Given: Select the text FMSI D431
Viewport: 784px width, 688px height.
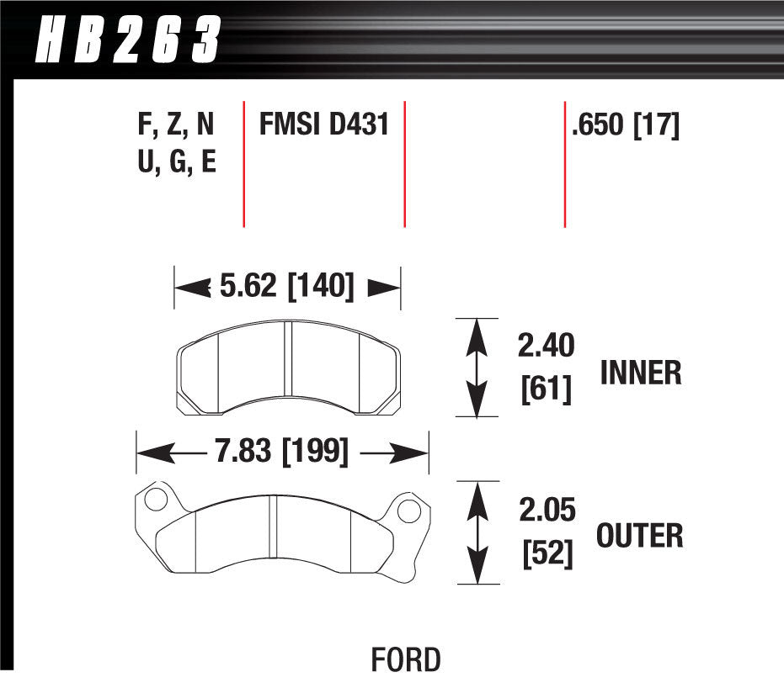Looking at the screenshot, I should click(323, 125).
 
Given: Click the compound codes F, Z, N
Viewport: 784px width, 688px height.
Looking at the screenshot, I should click(175, 125).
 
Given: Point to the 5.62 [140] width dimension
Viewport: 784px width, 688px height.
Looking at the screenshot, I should click(286, 287).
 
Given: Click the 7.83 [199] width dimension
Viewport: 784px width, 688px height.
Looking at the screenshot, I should click(281, 453).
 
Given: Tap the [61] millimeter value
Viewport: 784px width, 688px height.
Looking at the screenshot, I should click(546, 389).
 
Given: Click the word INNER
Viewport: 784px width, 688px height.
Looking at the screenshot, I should click(640, 373).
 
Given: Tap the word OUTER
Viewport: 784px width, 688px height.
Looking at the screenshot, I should click(639, 535).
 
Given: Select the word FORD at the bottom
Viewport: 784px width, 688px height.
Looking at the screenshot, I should click(405, 660).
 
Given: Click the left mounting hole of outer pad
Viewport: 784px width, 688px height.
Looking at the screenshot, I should click(154, 500).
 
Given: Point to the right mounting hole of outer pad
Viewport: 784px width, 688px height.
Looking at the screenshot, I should click(408, 511).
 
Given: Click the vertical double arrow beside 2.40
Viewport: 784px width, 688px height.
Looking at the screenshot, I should click(477, 367).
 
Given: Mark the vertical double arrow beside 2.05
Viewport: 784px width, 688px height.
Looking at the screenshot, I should click(477, 532).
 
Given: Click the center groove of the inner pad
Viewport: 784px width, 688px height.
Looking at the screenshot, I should click(286, 362).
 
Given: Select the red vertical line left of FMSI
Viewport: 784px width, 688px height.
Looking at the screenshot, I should click(243, 164).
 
